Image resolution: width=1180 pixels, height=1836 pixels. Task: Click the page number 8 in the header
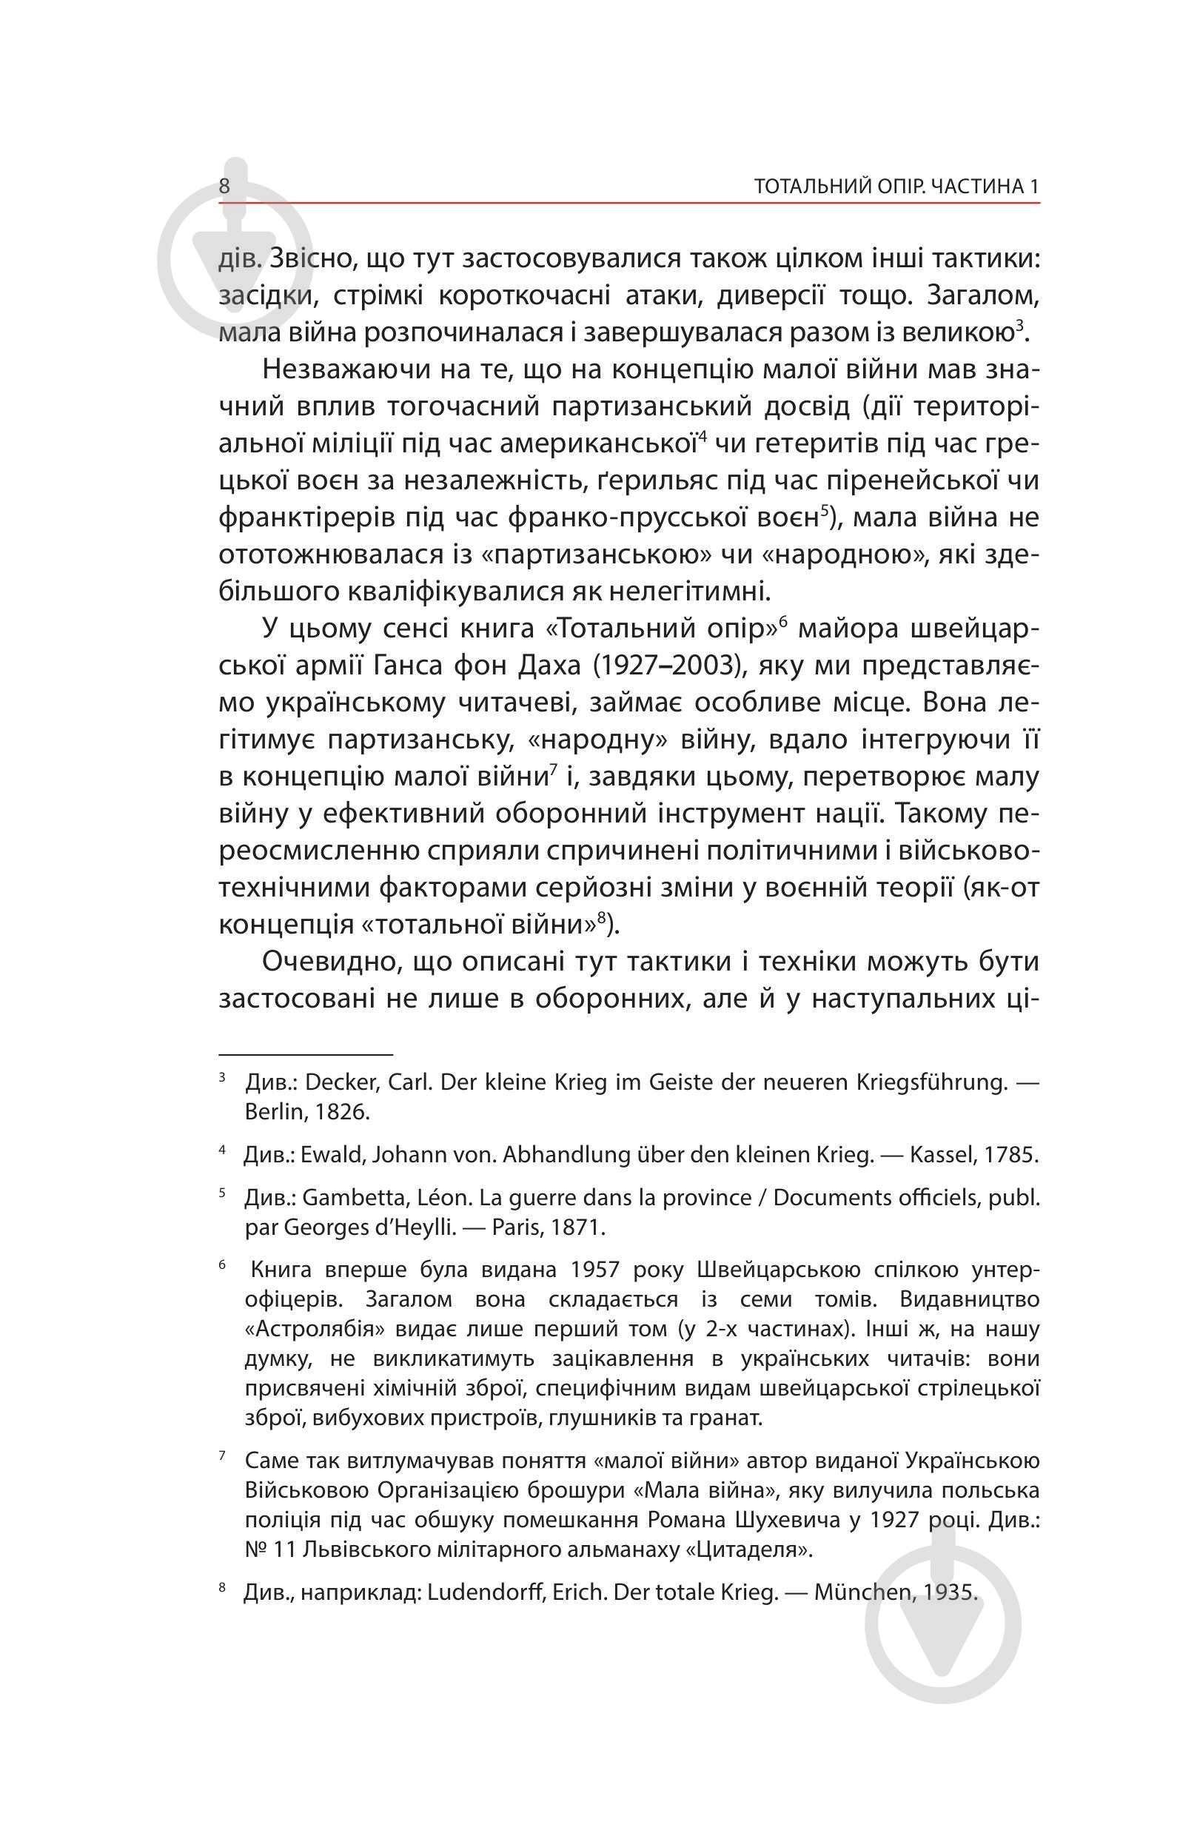[224, 187]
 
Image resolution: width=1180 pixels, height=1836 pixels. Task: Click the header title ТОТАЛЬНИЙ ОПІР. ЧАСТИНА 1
[896, 187]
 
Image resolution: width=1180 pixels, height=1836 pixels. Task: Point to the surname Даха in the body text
[549, 665]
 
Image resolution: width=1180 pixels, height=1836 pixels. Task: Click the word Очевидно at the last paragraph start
[330, 962]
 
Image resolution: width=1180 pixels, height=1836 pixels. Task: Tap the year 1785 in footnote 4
[1010, 1155]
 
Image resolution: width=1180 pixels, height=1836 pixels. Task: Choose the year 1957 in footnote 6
[594, 1270]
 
